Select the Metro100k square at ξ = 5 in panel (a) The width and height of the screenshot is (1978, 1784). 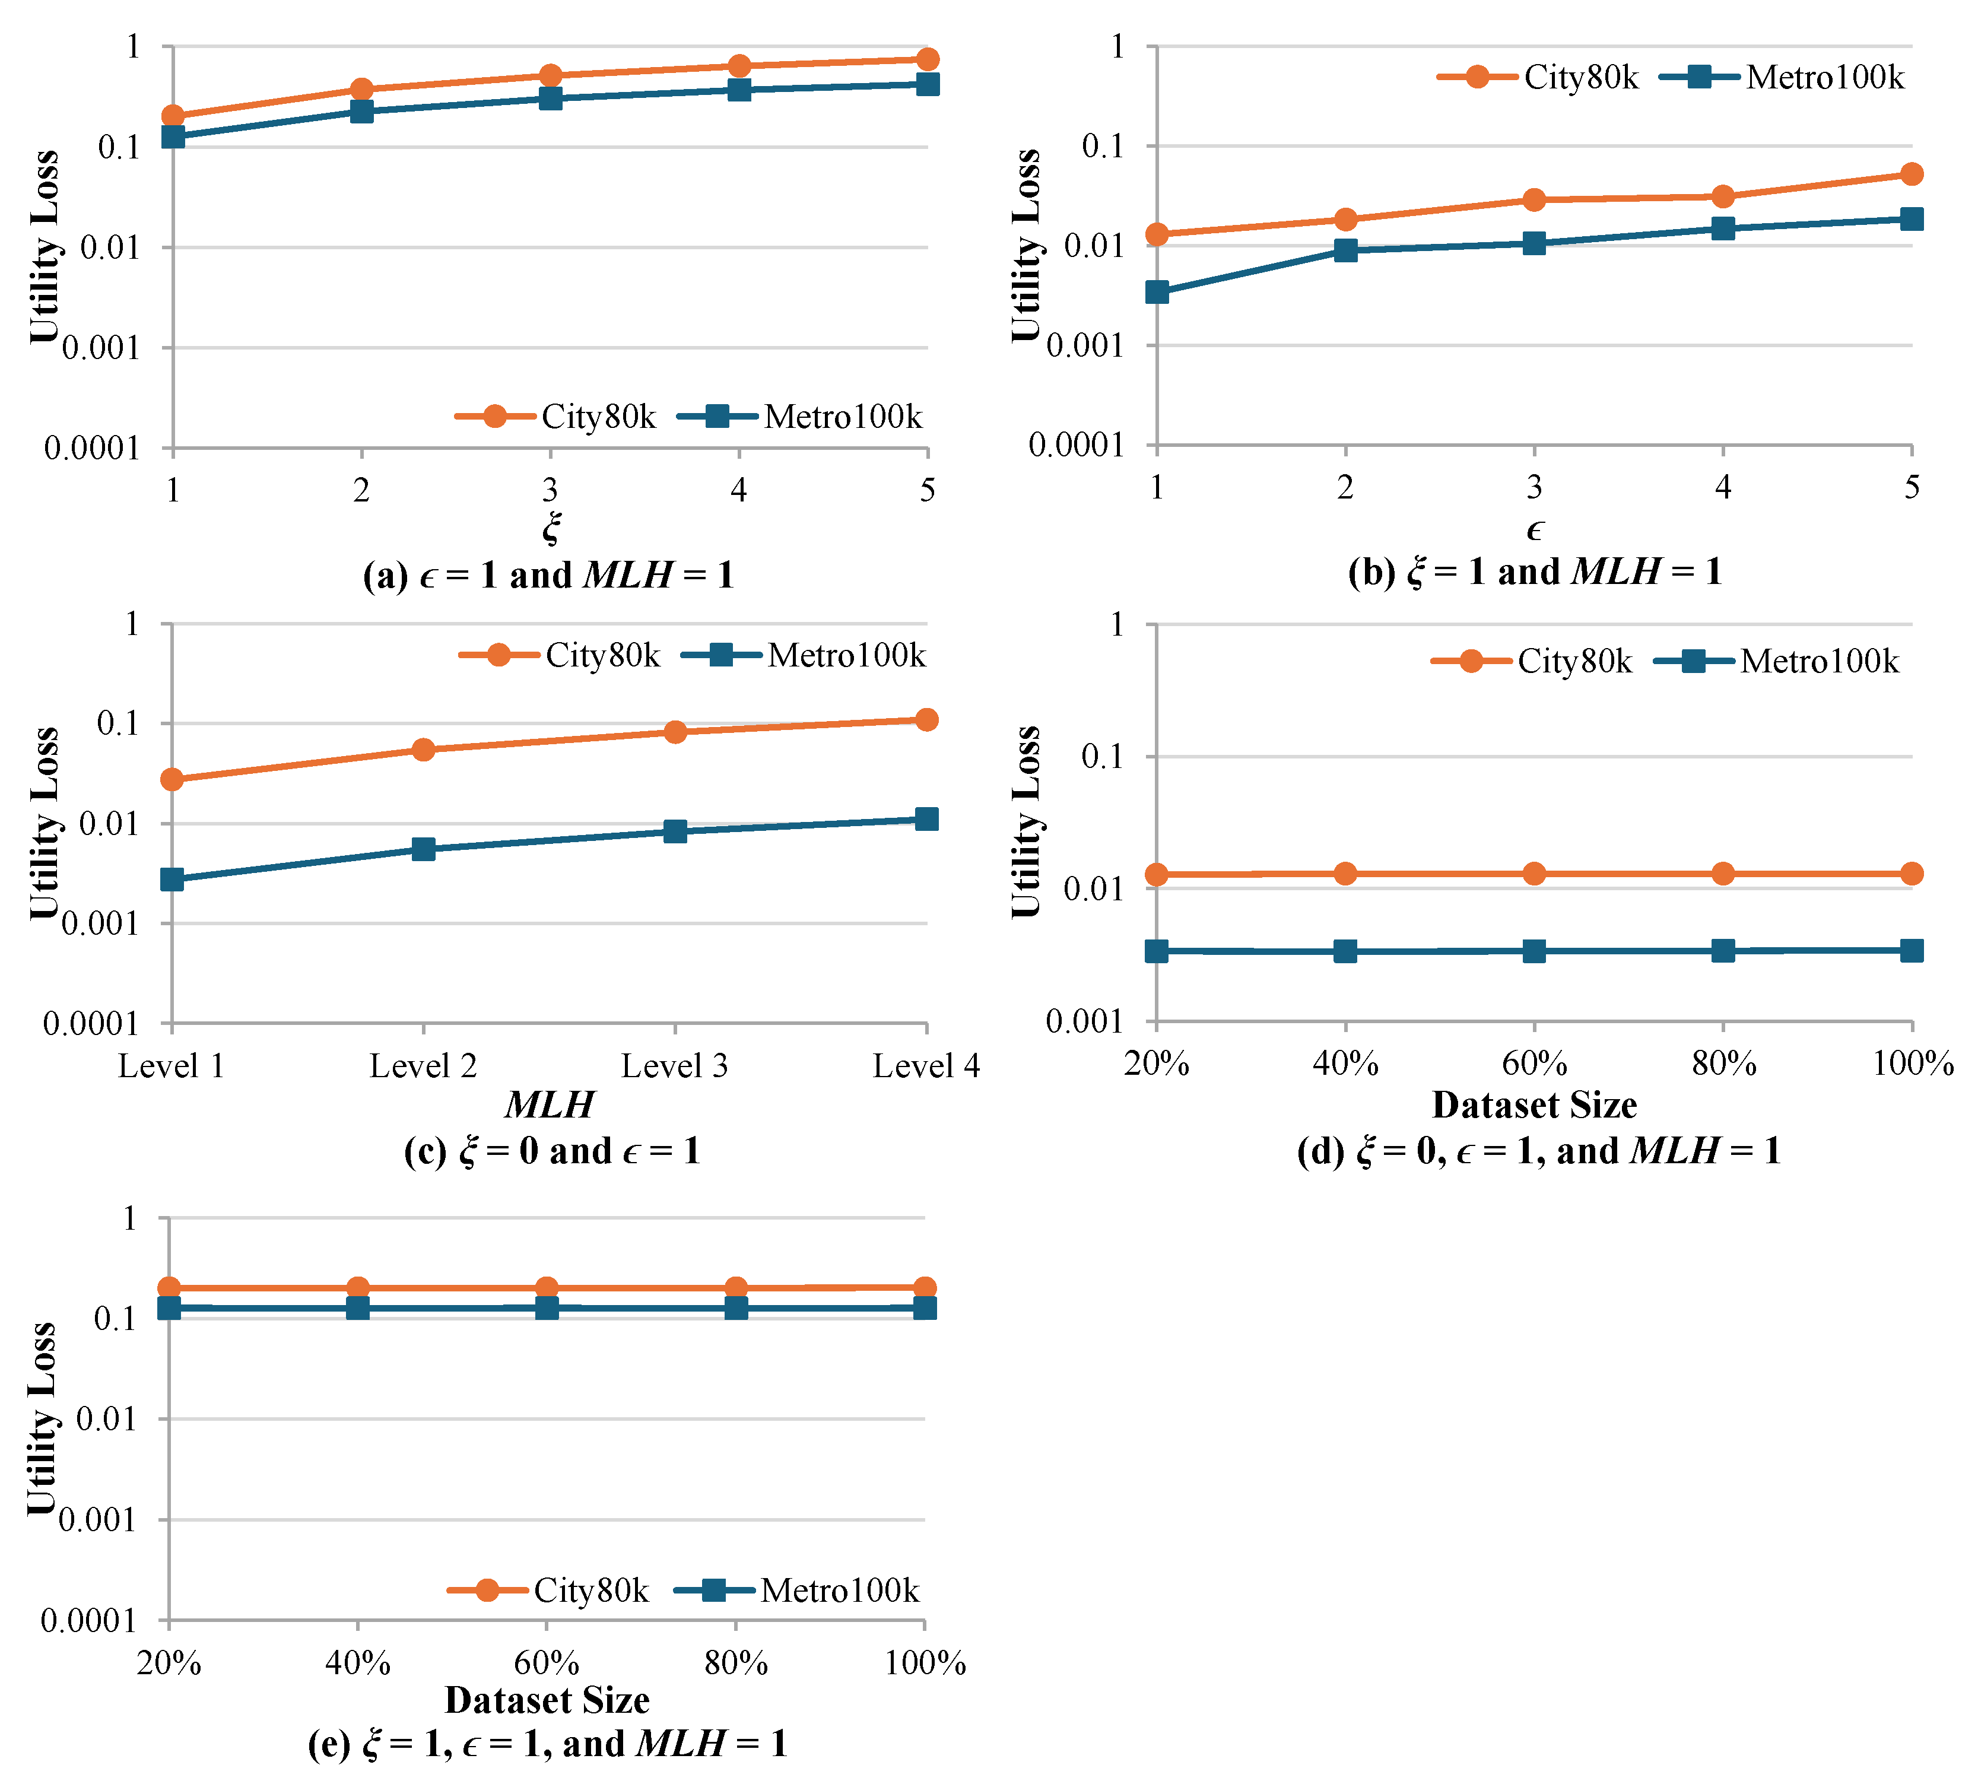[927, 84]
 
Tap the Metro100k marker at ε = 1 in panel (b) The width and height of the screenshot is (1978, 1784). [1157, 292]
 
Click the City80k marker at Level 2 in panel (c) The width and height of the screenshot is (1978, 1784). [424, 750]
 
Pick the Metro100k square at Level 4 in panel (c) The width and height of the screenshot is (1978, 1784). [926, 818]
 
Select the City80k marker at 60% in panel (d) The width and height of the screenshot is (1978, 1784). [1534, 874]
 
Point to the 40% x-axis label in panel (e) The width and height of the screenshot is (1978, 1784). [358, 1664]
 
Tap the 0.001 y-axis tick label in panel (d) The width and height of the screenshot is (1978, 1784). [1083, 1021]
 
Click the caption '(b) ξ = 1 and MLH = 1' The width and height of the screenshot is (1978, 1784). [1534, 572]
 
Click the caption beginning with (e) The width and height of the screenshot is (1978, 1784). [547, 1744]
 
